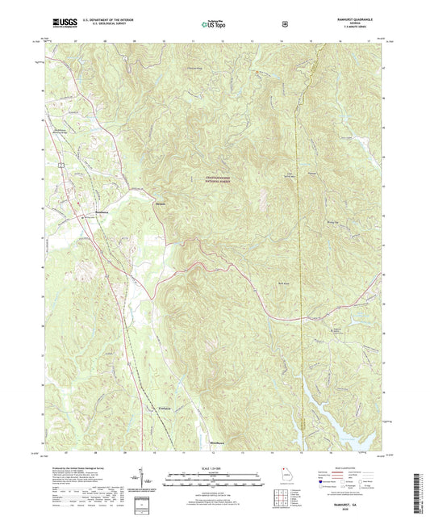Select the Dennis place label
[161, 203]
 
